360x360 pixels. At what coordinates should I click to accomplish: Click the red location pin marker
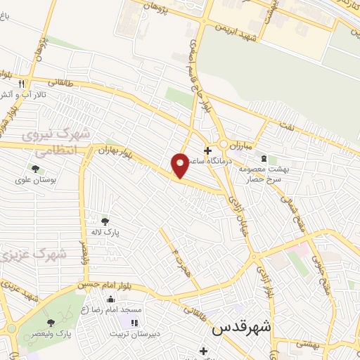pyautogui.click(x=180, y=165)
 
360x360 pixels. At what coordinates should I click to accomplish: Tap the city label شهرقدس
pyautogui.click(x=240, y=328)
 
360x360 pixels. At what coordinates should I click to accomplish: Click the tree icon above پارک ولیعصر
pyautogui.click(x=50, y=321)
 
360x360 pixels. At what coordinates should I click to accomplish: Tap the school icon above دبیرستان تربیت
pyautogui.click(x=134, y=321)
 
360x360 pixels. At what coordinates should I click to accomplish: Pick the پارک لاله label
pyautogui.click(x=106, y=231)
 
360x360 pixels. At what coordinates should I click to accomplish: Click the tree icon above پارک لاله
pyautogui.click(x=105, y=221)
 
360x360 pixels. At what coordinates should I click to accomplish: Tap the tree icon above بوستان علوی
pyautogui.click(x=34, y=168)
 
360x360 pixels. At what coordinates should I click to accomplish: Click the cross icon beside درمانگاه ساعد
pyautogui.click(x=207, y=150)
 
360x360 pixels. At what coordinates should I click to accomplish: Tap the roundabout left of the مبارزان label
pyautogui.click(x=224, y=144)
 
